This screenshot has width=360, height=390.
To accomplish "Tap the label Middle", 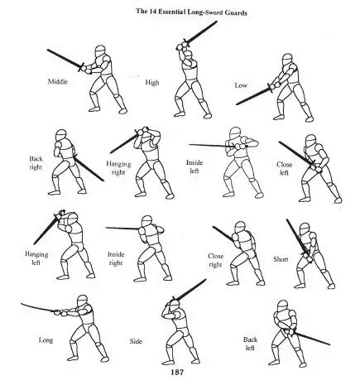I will coord(59,82).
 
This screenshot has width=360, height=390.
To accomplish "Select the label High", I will coord(152,82).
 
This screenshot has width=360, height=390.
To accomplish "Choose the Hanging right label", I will coord(118,170).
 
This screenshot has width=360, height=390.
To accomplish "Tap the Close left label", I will coord(284,169).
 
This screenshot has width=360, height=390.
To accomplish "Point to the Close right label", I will coord(216,261).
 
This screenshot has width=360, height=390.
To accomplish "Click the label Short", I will coord(281,259).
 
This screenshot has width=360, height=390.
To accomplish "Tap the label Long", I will coord(46,339).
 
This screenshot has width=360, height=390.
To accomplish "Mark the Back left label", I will coord(250,343).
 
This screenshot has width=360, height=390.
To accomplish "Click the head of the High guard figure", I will coord(190,55).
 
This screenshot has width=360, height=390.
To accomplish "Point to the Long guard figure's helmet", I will coord(81,302).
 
